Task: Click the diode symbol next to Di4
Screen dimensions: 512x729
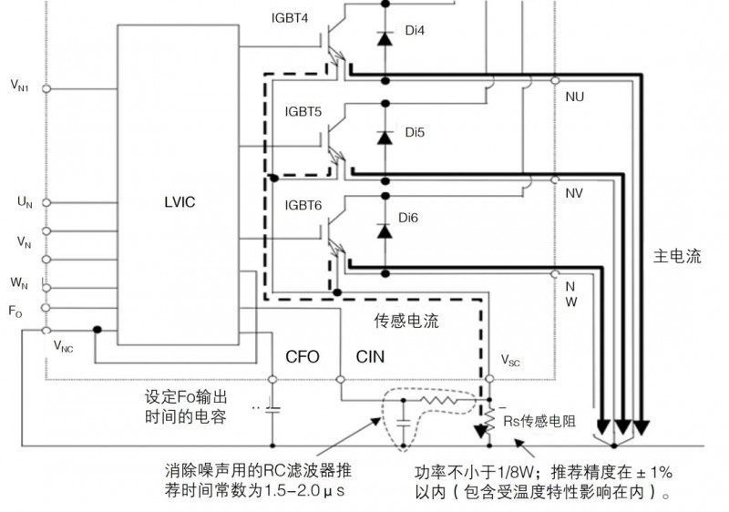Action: (x=385, y=39)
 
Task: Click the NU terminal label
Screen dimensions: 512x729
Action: (x=575, y=95)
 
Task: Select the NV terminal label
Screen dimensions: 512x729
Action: (x=574, y=193)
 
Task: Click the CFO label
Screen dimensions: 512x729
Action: (x=303, y=356)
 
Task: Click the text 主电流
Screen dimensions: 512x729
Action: (x=677, y=257)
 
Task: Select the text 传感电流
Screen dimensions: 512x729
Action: (x=406, y=321)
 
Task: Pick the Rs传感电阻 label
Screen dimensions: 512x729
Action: (x=538, y=421)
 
